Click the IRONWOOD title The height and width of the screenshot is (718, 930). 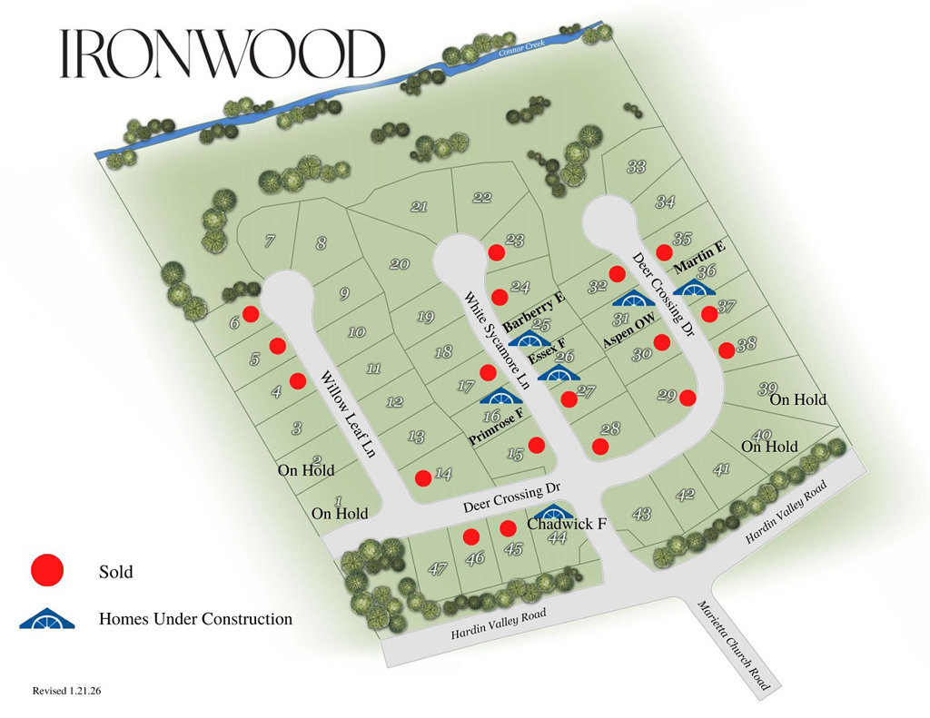pos(223,54)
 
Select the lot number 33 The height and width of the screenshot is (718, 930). pos(637,167)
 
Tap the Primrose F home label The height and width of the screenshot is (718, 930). pos(496,427)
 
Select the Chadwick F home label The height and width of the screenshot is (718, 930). pos(567,524)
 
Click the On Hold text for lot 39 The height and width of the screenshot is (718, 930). pos(798,399)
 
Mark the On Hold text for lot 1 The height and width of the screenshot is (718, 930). pos(340,514)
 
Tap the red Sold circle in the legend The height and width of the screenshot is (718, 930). pos(47,571)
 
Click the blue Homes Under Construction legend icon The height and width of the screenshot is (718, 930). pos(46,619)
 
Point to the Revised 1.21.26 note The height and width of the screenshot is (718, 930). pos(66,691)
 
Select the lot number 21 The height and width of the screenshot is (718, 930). pos(419,207)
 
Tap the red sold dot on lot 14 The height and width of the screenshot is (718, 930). pos(422,477)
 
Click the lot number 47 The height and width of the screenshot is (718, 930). pos(438,570)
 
